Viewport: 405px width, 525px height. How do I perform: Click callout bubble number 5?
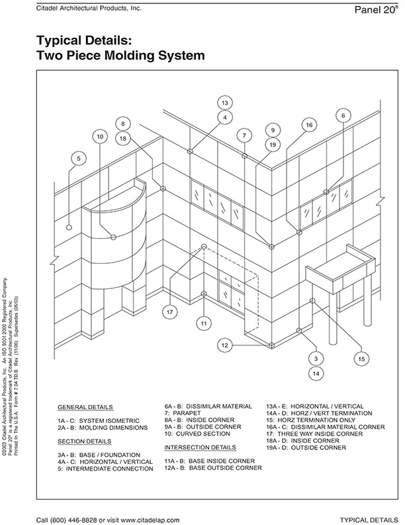click(x=77, y=158)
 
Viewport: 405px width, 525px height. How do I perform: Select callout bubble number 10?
click(x=100, y=137)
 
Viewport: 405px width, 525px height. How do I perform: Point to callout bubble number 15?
click(x=361, y=359)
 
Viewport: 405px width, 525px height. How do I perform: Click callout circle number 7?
click(x=244, y=136)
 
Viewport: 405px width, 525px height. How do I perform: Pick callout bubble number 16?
click(x=308, y=125)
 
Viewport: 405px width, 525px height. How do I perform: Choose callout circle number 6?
click(x=343, y=115)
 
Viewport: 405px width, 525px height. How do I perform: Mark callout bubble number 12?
click(x=225, y=345)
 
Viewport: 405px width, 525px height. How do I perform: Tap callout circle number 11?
click(x=204, y=323)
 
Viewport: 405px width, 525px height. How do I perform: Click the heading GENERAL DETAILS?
click(x=85, y=406)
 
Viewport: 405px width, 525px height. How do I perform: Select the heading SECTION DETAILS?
click(x=84, y=440)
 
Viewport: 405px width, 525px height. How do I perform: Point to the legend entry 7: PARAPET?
click(x=183, y=412)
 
